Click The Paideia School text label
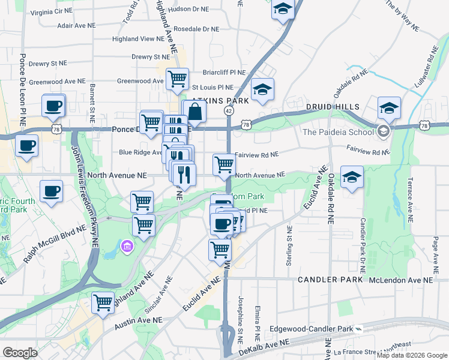click(337, 132)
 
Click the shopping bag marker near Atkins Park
click(195, 111)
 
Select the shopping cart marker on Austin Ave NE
click(103, 303)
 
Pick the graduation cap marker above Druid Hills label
click(389, 108)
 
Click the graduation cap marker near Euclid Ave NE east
click(352, 178)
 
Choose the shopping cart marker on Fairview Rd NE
click(224, 164)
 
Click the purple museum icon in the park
click(127, 246)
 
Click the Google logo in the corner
click(20, 353)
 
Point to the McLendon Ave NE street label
click(400, 280)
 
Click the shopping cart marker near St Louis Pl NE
click(177, 79)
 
